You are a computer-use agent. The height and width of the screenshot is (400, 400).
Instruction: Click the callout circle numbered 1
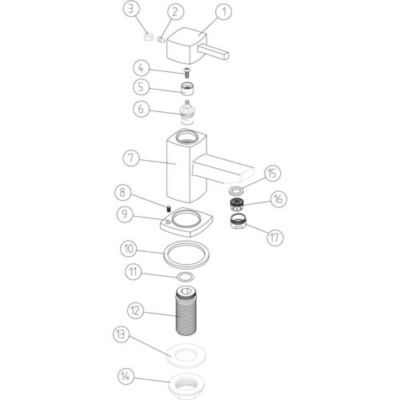[224, 11]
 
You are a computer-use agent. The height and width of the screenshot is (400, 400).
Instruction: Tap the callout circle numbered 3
[131, 9]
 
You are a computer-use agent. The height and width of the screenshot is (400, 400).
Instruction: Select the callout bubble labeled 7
[130, 158]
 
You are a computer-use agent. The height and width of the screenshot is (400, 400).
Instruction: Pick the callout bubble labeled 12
[136, 310]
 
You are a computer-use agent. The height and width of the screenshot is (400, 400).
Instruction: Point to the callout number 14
[126, 376]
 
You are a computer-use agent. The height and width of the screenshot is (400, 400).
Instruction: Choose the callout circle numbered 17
[275, 238]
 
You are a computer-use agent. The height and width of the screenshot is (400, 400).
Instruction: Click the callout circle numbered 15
[272, 174]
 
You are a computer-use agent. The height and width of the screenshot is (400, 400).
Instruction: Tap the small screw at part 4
[186, 73]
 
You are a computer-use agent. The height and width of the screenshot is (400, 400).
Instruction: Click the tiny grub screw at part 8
[169, 208]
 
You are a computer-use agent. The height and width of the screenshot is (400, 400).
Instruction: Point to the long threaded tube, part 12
[186, 310]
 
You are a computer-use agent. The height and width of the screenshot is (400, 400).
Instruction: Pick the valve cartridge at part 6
[187, 113]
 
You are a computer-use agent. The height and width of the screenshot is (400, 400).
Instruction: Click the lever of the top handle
[214, 53]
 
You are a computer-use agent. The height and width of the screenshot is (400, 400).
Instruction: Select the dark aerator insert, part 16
[236, 205]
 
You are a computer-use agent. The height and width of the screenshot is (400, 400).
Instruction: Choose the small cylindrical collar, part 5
[187, 89]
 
